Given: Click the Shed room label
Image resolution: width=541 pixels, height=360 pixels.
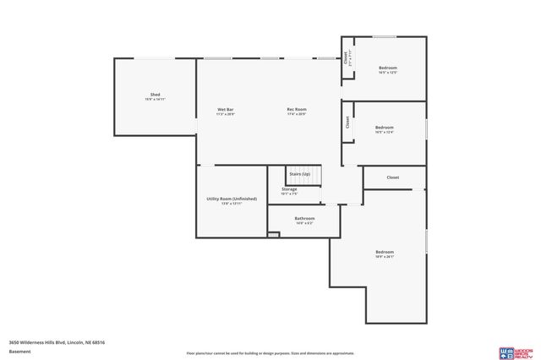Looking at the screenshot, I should pyautogui.click(x=156, y=94).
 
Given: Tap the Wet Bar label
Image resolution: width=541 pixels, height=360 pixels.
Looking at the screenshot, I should pyautogui.click(x=226, y=110).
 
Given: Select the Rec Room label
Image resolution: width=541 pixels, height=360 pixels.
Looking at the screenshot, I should pyautogui.click(x=296, y=110).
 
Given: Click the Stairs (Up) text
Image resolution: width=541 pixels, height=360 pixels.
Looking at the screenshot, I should pyautogui.click(x=300, y=174).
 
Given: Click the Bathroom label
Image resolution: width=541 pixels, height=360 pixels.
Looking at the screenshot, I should pyautogui.click(x=304, y=218).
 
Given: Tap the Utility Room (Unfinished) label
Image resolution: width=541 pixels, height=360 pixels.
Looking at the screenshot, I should pyautogui.click(x=232, y=199).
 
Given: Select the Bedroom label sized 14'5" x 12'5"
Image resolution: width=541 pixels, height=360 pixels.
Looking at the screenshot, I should pyautogui.click(x=387, y=68).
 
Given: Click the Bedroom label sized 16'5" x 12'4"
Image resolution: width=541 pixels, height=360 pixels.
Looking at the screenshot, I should pyautogui.click(x=385, y=128).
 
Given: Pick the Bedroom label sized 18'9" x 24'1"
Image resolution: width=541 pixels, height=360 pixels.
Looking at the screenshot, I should pyautogui.click(x=385, y=252).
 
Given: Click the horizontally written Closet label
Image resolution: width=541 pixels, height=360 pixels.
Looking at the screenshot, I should pyautogui.click(x=393, y=177).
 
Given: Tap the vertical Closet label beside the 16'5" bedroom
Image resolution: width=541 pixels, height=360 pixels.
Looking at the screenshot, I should pyautogui.click(x=347, y=122).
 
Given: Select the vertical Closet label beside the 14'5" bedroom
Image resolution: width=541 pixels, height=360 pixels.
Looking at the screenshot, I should pyautogui.click(x=346, y=57).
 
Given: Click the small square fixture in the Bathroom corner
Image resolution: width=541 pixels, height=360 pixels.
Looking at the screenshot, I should pyautogui.click(x=273, y=234).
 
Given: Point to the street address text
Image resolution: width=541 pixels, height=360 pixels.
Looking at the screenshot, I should pyautogui.click(x=57, y=342).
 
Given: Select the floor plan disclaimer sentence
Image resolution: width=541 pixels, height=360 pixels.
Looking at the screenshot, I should pyautogui.click(x=270, y=353).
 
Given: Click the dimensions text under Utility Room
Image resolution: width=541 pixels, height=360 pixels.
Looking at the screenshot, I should pyautogui.click(x=232, y=204).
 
